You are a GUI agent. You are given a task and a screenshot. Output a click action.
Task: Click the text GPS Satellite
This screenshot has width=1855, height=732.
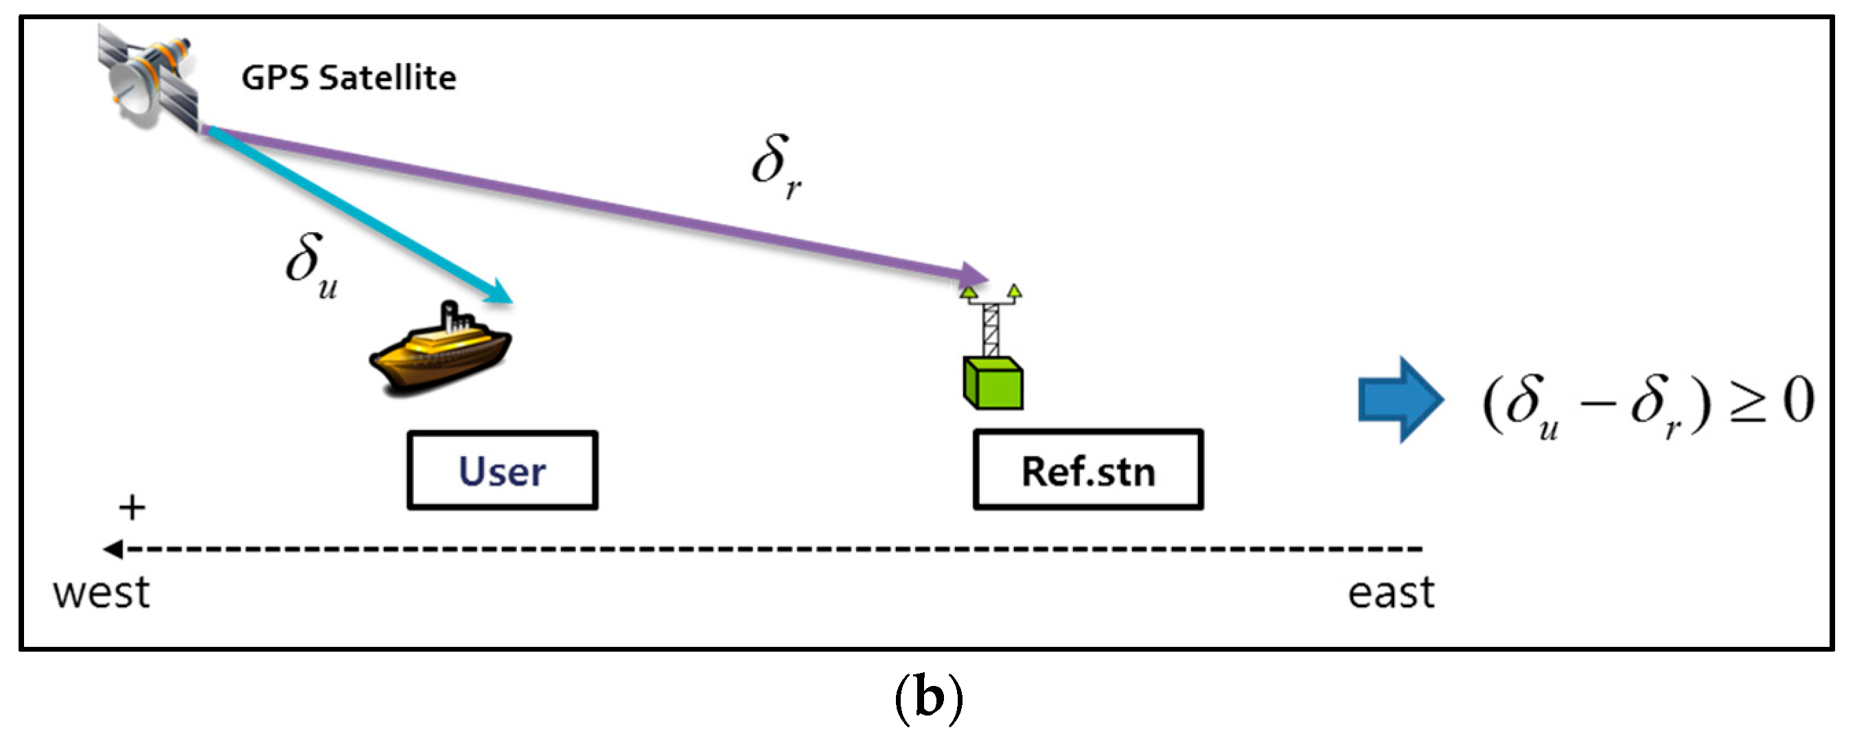(349, 78)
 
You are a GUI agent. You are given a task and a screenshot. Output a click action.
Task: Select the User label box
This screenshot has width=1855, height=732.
(502, 470)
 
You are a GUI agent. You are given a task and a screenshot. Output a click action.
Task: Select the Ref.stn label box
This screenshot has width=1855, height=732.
(1087, 470)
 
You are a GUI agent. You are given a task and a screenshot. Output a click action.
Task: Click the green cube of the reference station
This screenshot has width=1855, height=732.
(993, 383)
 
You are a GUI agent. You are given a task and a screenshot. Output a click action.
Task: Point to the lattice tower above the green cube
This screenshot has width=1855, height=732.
(991, 328)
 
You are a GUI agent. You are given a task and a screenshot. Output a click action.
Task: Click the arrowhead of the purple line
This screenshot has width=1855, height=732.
(976, 275)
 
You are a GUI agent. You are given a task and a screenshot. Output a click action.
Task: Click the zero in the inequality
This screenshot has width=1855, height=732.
(1798, 400)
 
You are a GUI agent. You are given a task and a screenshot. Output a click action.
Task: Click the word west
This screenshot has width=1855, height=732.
(102, 593)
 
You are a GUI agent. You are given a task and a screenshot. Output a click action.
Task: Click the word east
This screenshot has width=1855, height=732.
(1390, 593)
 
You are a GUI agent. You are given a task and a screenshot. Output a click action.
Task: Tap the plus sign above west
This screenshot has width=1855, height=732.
(132, 508)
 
